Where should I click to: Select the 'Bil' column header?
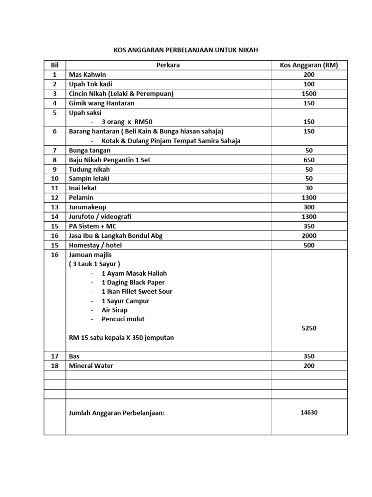point(54,65)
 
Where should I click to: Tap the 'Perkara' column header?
point(168,65)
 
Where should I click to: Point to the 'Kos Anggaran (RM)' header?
point(309,65)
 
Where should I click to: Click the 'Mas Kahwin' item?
point(88,75)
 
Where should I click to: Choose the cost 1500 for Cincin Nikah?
point(309,94)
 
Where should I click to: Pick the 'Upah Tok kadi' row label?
point(91,84)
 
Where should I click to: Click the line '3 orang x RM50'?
point(130,122)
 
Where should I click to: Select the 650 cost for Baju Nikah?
point(309,160)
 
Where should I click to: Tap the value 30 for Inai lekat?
point(309,188)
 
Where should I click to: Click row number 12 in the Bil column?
point(54,198)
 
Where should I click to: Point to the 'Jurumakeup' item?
point(88,207)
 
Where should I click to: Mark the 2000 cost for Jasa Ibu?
point(309,235)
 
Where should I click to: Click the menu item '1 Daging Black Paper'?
point(133,282)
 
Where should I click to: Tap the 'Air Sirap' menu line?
point(115,310)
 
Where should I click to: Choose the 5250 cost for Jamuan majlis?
point(309,328)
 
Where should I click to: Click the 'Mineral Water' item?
point(91,365)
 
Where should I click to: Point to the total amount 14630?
point(309,413)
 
